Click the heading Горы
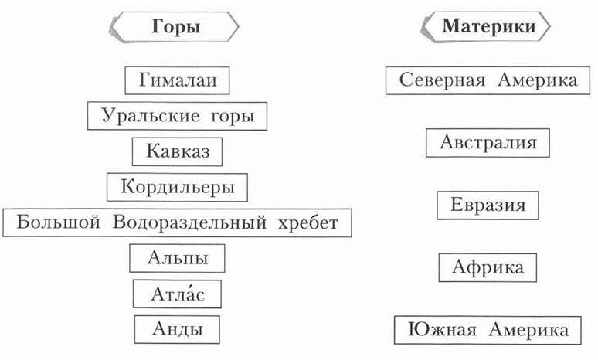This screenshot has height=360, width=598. [176, 27]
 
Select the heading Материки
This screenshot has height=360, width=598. [489, 27]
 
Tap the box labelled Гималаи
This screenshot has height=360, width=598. [178, 80]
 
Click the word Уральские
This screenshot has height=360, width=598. [150, 116]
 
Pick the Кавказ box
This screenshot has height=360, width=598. [178, 151]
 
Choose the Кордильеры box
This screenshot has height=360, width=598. [177, 187]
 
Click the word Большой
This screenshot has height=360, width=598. [59, 222]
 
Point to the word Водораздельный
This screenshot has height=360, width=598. [189, 222]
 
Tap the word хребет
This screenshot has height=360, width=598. [307, 222]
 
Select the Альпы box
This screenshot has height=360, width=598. [177, 258]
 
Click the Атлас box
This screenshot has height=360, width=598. [177, 294]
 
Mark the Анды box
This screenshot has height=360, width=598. [177, 329]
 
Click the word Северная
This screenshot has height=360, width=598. [443, 80]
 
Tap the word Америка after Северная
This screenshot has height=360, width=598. [538, 80]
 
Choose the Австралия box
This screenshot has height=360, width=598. [488, 143]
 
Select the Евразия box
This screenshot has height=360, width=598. [488, 205]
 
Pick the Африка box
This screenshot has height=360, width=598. [488, 267]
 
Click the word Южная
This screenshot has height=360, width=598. [443, 330]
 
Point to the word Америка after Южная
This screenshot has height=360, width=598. [528, 330]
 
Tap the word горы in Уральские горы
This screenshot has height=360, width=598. [233, 117]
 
